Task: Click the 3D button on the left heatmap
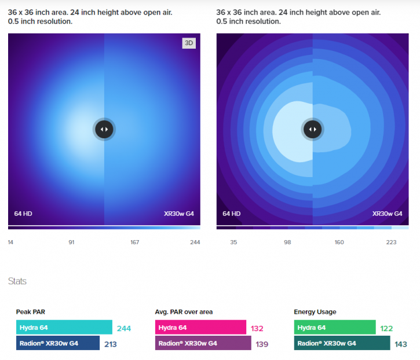pyautogui.click(x=188, y=43)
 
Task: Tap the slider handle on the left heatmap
pyautogui.click(x=104, y=129)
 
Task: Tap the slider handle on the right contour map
pyautogui.click(x=313, y=129)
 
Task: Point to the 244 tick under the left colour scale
pyautogui.click(x=195, y=242)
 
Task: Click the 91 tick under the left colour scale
pyautogui.click(x=71, y=242)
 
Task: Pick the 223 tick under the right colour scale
pyautogui.click(x=391, y=242)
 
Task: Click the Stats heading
pyautogui.click(x=17, y=281)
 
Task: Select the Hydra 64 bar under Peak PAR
pyautogui.click(x=64, y=328)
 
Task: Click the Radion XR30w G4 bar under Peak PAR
pyautogui.click(x=58, y=344)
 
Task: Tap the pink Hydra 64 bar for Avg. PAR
pyautogui.click(x=200, y=328)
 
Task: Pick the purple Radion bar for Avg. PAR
pyautogui.click(x=203, y=344)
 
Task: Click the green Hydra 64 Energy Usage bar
pyautogui.click(x=335, y=328)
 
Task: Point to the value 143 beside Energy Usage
pyautogui.click(x=401, y=344)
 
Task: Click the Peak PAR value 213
pyautogui.click(x=110, y=344)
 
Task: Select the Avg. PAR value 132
pyautogui.click(x=257, y=328)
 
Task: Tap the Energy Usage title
pyautogui.click(x=314, y=312)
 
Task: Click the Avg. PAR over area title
pyautogui.click(x=184, y=312)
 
